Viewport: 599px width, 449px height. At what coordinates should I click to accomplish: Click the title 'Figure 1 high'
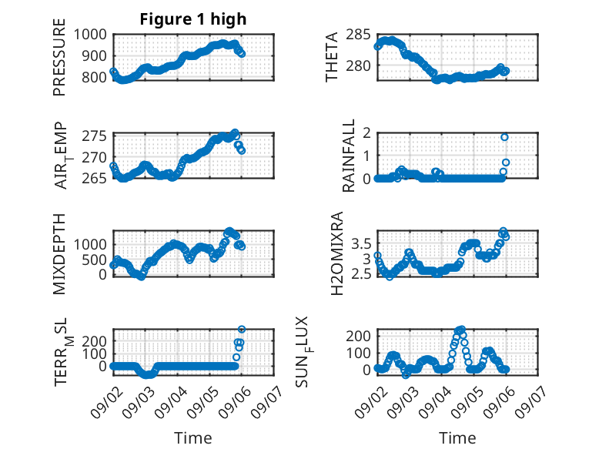[x=193, y=19]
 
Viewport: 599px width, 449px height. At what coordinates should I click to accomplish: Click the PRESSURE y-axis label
[x=59, y=57]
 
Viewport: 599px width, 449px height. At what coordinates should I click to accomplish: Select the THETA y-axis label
[x=332, y=57]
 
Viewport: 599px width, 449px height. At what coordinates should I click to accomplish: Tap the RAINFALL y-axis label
[x=349, y=156]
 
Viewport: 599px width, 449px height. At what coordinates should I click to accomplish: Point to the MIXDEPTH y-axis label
[x=59, y=254]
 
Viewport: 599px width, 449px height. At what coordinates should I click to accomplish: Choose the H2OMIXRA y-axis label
[x=337, y=253]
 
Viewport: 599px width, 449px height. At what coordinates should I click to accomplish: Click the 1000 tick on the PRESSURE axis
[x=90, y=35]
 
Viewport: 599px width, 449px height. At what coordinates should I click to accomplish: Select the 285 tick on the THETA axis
[x=358, y=35]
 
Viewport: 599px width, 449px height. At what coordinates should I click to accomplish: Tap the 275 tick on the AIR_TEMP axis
[x=95, y=136]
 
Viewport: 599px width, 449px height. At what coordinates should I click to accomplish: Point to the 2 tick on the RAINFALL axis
[x=367, y=133]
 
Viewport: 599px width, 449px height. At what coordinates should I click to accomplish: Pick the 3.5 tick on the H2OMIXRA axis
[x=361, y=243]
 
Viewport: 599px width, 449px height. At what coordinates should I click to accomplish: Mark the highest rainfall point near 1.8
[x=504, y=137]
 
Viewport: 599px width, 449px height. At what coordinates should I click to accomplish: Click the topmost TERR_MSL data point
[x=242, y=329]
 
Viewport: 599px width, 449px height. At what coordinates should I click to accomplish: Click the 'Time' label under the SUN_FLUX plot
[x=457, y=437]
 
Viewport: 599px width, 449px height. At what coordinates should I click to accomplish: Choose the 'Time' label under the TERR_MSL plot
[x=193, y=437]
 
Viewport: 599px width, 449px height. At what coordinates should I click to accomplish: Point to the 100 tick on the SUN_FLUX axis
[x=358, y=353]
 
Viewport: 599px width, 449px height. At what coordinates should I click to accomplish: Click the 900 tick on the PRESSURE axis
[x=95, y=56]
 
